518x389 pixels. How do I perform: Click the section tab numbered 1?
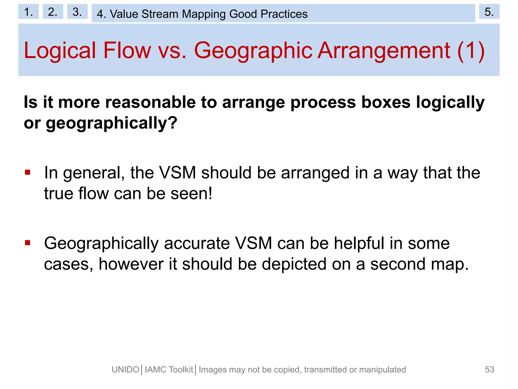point(28,12)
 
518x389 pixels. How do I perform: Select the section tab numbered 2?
point(53,12)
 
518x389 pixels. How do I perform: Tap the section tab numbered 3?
point(77,12)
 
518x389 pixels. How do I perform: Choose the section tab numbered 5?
point(489,12)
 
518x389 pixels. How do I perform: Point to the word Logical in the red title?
point(60,51)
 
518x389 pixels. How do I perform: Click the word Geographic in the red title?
point(253,51)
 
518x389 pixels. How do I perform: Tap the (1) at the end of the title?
point(471,51)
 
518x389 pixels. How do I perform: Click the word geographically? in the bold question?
point(112,123)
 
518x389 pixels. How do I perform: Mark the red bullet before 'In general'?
point(28,173)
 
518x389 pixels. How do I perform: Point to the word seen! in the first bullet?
point(191,194)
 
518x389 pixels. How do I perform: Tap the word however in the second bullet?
point(131,264)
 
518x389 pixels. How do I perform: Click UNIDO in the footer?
point(125,370)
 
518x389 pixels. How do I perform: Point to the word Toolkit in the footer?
point(181,370)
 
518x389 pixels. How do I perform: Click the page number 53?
point(489,369)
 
